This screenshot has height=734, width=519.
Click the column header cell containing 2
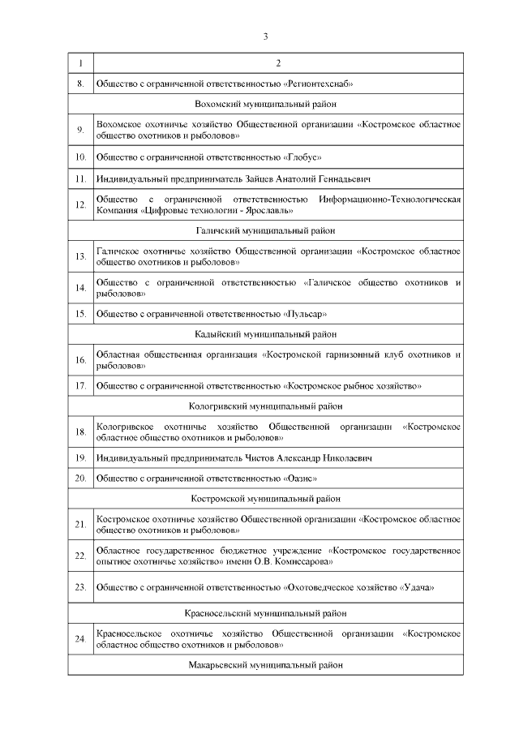coord(278,63)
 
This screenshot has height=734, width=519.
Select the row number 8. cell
coord(80,84)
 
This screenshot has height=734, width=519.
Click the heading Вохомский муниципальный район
coord(265,104)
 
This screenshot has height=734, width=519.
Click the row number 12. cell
coord(80,204)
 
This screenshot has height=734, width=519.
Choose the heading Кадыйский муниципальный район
coord(265,333)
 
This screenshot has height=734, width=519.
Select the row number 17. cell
coord(80,385)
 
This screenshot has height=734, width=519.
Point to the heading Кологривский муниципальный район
coord(265,406)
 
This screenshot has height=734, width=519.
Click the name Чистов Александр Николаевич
coord(307,458)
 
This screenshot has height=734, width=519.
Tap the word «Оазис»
coord(300,479)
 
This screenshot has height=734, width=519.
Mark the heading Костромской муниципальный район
coord(265,498)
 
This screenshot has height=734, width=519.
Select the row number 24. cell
coord(80,639)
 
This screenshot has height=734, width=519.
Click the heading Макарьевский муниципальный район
coord(265,665)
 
